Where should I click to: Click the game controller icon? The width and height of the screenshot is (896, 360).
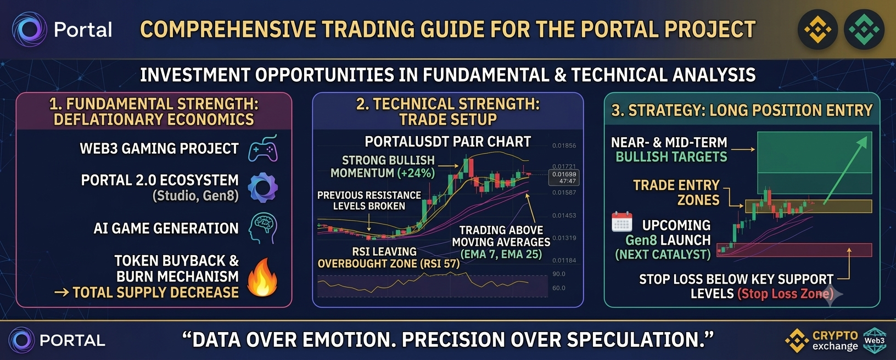point(263,148)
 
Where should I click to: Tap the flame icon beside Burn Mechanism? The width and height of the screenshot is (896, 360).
point(262,277)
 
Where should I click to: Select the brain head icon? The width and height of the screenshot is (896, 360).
point(263,228)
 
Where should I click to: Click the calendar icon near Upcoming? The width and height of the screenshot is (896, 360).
point(622,222)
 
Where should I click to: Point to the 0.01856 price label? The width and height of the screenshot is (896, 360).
point(564,145)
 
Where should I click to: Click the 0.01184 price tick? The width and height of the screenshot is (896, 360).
point(564,261)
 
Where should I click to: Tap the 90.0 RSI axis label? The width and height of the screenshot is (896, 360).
point(559,274)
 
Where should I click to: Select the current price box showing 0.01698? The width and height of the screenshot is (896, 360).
point(564,178)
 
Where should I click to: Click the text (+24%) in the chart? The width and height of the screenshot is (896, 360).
point(416,173)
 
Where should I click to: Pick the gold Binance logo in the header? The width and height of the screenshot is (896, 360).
point(817,30)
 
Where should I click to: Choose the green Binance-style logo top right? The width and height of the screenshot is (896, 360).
point(864,30)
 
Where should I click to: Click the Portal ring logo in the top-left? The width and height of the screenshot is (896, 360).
point(30,30)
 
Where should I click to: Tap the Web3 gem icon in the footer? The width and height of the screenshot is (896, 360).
point(875,341)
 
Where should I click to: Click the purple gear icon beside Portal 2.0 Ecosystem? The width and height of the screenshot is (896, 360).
point(263,188)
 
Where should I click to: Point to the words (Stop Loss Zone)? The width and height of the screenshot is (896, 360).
point(786,294)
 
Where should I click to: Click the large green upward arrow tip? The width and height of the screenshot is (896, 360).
point(867,137)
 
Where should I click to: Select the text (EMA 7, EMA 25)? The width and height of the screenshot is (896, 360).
point(501,255)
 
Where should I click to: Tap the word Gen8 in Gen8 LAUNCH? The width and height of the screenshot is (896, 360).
point(640,240)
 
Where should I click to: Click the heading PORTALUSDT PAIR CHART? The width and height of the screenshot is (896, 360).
point(447,142)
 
